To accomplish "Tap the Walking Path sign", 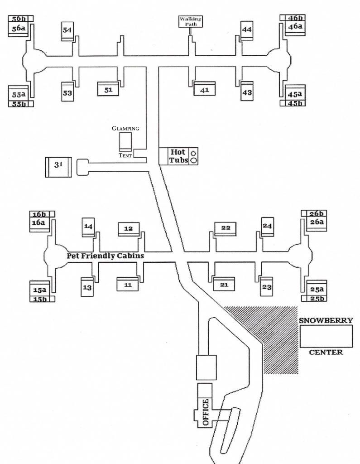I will pyautogui.click(x=190, y=21).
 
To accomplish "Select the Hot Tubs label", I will pyautogui.click(x=178, y=156).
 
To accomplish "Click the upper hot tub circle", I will pyautogui.click(x=194, y=153).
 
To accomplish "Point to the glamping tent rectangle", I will pyautogui.click(x=125, y=141).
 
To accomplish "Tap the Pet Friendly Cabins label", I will pyautogui.click(x=106, y=256).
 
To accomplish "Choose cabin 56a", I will pyautogui.click(x=19, y=29).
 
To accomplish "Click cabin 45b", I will pyautogui.click(x=293, y=103).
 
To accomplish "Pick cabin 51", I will pyautogui.click(x=108, y=89).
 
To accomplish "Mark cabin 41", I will pyautogui.click(x=204, y=89).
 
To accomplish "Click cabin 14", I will pyautogui.click(x=88, y=226).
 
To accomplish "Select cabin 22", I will pyautogui.click(x=226, y=228).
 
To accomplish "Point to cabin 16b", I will pyautogui.click(x=42, y=214).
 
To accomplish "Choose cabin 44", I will pyautogui.click(x=247, y=30).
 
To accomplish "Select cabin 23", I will pyautogui.click(x=267, y=286).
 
